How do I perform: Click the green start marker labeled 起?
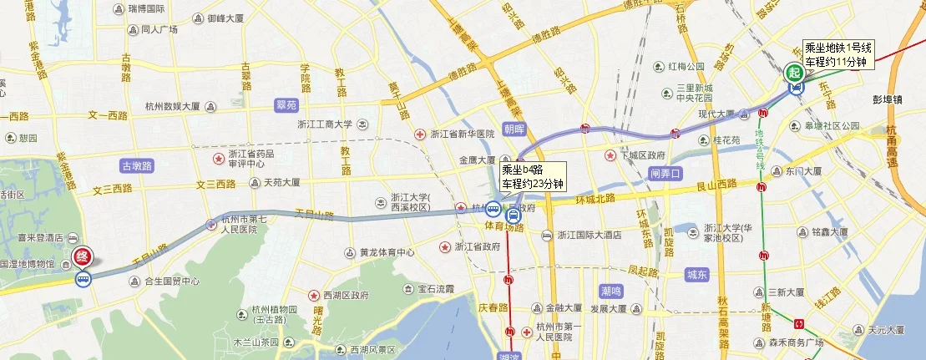[x=794, y=73]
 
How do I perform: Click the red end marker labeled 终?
[x=83, y=257]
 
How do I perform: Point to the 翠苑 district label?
[x=286, y=105]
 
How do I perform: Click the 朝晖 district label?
[x=514, y=129]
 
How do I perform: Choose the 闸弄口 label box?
[x=665, y=175]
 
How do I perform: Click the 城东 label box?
[x=696, y=273]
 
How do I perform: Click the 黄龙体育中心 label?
[x=387, y=252]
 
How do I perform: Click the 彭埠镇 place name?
[x=887, y=99]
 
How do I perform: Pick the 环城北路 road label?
[x=595, y=200]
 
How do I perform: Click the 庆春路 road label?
[x=493, y=307]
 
